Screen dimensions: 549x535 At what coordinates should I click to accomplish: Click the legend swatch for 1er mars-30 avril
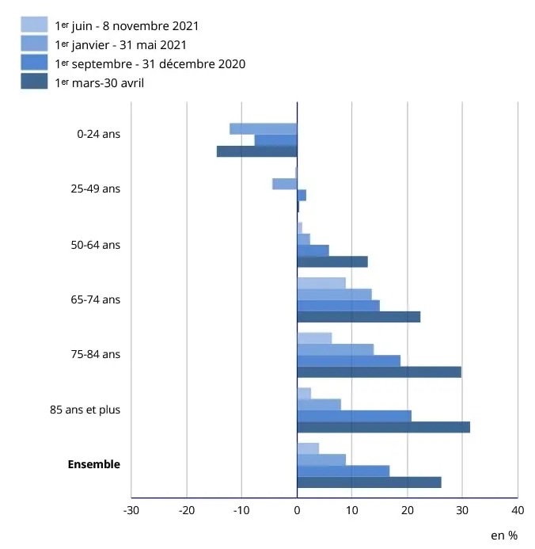coord(34,82)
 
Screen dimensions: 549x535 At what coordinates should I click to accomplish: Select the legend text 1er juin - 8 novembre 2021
coord(127,26)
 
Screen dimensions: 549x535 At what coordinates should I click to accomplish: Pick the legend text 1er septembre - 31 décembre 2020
coord(150,63)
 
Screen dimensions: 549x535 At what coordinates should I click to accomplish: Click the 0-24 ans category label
coord(98,134)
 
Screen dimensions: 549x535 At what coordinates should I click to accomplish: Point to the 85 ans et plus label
coord(85,410)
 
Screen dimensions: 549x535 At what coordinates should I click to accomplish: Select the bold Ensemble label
coord(93,464)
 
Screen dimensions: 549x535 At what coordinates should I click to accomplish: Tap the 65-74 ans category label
coord(95,299)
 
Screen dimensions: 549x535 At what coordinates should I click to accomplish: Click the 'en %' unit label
coord(503,536)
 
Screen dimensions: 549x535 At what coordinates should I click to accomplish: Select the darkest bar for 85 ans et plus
coord(383,427)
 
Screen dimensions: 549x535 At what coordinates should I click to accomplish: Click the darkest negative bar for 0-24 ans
coord(256,151)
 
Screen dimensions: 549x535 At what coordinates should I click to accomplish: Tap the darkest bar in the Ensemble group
coord(369,482)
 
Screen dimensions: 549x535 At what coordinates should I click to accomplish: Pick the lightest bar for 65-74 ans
coord(321,283)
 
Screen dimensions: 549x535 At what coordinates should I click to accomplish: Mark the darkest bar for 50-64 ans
coord(332,261)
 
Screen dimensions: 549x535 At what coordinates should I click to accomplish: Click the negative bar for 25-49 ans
coord(284,184)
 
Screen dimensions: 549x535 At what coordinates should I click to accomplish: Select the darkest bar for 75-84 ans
coord(379,372)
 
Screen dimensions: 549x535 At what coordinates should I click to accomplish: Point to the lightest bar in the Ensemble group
coord(308,448)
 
